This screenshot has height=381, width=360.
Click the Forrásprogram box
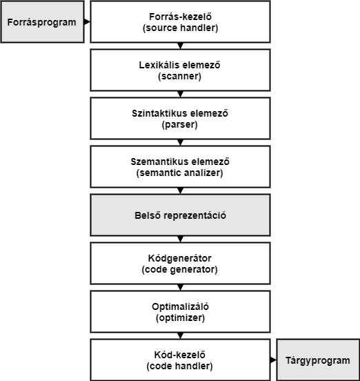point(43,22)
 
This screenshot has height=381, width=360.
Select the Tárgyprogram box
point(318,360)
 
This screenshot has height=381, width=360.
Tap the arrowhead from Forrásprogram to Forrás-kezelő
point(87,22)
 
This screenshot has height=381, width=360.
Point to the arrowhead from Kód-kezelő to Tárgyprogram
point(273,360)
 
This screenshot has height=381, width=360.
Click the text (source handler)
point(181,28)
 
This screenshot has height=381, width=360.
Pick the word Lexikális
point(159,65)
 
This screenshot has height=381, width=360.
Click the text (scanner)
point(179,77)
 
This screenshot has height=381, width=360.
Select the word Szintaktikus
point(159,113)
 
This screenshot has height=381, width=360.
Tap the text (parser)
point(179,125)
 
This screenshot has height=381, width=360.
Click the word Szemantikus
point(159,162)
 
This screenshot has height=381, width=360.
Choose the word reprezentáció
point(195,215)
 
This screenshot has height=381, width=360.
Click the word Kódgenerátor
point(179,258)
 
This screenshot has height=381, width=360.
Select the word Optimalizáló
point(180,306)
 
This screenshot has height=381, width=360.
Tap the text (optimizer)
point(181,317)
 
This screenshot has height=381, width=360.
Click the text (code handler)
point(179,366)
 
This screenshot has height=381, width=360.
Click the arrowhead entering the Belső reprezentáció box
point(181,191)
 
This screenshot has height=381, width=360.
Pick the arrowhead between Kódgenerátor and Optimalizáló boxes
point(181,287)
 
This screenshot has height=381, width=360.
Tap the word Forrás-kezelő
point(181,17)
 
